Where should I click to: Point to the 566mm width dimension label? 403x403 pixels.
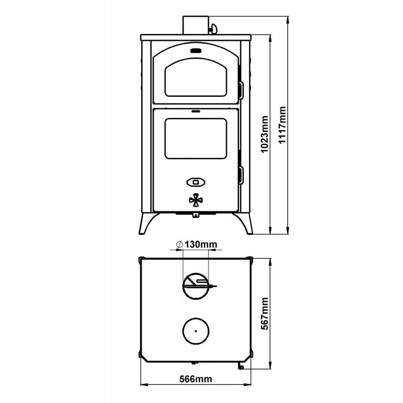[x=196, y=379]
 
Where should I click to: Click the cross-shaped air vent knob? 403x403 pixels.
[x=196, y=200]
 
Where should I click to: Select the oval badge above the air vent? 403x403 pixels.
[x=196, y=181]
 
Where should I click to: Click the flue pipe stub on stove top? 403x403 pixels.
[x=195, y=24]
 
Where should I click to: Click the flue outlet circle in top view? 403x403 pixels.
[x=196, y=286]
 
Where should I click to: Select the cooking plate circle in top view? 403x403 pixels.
[x=196, y=331]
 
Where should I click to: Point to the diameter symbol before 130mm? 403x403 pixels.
[x=180, y=245]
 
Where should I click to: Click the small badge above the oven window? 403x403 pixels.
[x=196, y=50]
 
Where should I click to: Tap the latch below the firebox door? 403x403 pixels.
[x=196, y=215]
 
